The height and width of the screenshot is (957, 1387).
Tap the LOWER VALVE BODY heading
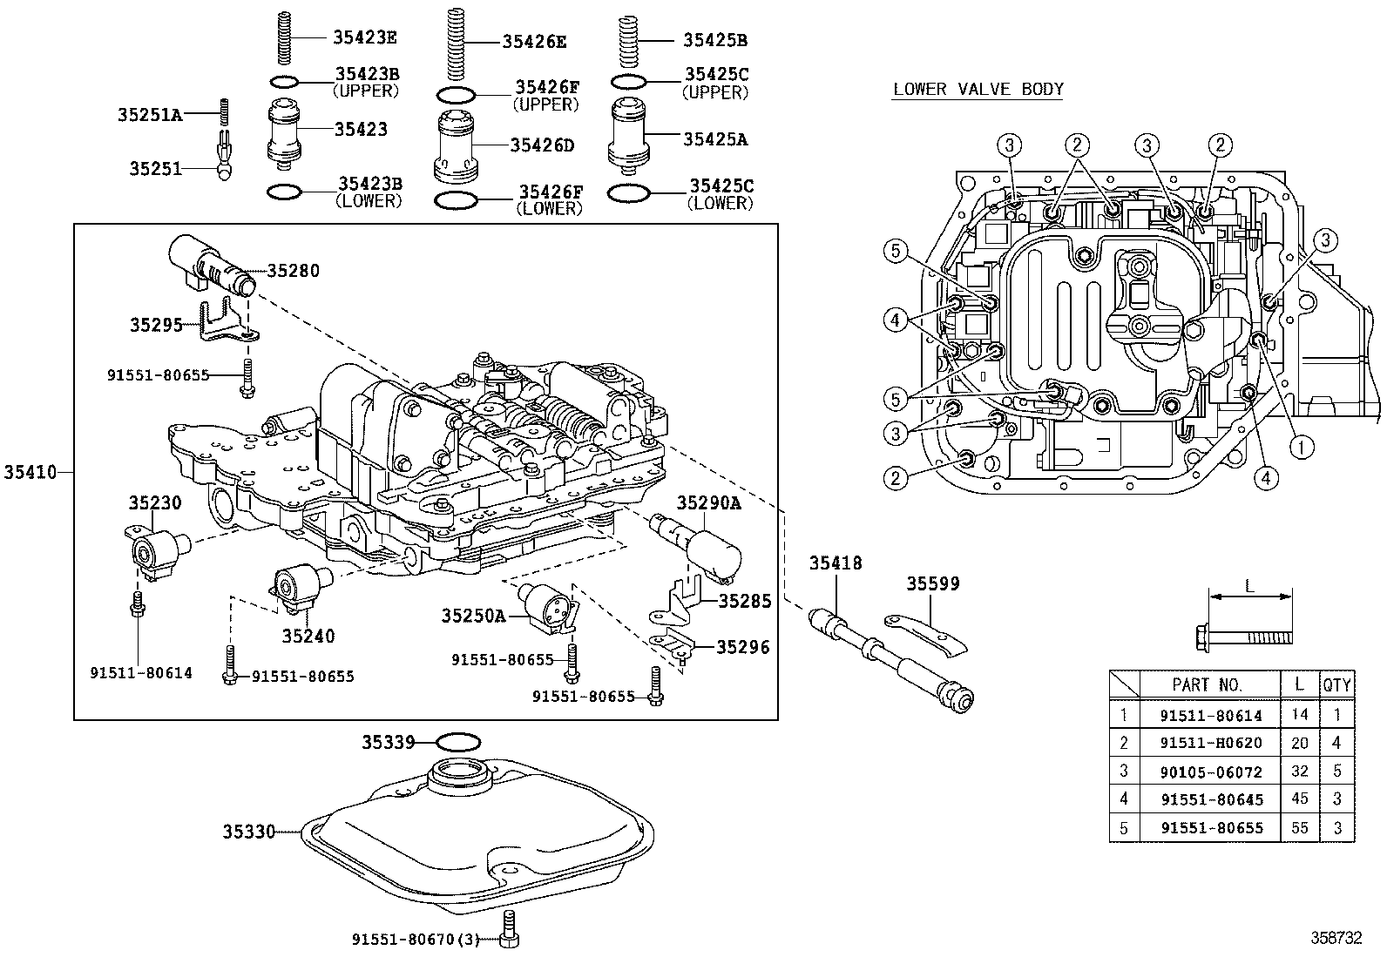pos(978,89)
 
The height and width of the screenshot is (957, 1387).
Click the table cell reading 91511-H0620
pos(1210,743)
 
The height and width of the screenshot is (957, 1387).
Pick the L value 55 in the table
pos(1299,827)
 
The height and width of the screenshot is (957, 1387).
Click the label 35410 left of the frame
pos(30,472)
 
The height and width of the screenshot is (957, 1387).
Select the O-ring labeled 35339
pos(457,742)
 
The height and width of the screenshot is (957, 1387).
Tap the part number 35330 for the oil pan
pos(248,832)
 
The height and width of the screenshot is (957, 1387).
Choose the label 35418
pos(835,563)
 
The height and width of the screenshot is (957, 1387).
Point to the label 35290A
pos(708,502)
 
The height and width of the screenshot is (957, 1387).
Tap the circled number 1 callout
pos(1301,448)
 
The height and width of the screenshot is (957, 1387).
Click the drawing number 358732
pos(1336,938)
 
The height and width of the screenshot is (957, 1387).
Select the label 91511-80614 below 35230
pos(140,673)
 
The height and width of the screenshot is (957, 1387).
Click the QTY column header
pos(1336,685)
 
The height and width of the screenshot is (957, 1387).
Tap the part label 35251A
pos(150,114)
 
